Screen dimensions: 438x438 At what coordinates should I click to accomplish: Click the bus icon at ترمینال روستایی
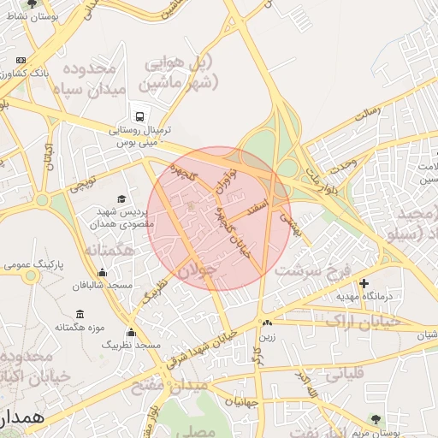[137, 115]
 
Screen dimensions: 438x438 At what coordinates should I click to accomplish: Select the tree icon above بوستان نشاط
[33, 3]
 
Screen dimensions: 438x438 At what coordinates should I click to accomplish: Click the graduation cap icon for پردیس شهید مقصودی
[121, 198]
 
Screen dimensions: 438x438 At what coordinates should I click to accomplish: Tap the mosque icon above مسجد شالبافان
[103, 273]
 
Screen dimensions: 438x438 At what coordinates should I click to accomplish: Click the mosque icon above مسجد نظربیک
[131, 332]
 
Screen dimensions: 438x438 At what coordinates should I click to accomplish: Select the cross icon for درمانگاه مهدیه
[364, 282]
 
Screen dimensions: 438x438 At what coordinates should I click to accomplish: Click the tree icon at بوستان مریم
[375, 417]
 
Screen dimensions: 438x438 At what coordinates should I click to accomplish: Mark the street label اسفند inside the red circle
[256, 206]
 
